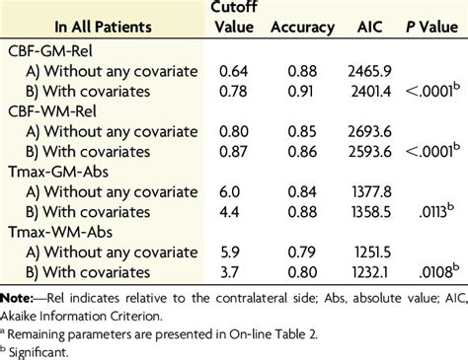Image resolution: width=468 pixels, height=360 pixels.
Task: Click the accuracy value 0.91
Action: click(305, 91)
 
